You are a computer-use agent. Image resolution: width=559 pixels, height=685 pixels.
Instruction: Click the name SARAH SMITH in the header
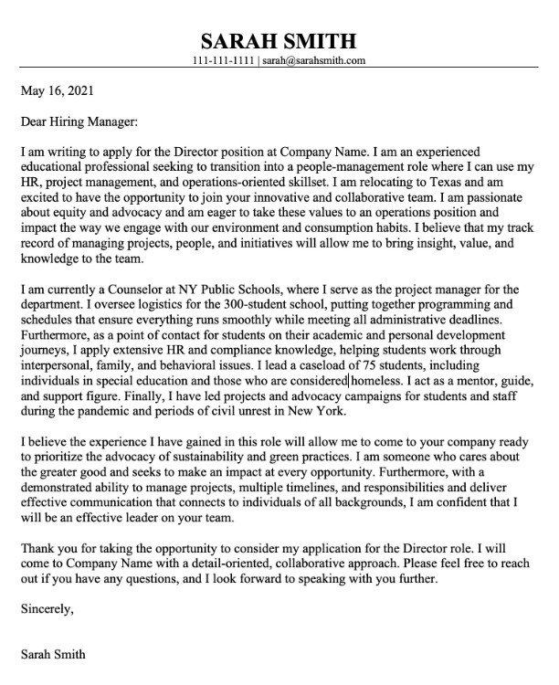[x=279, y=40]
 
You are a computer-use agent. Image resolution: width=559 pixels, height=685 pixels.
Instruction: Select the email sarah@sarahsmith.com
[x=315, y=61]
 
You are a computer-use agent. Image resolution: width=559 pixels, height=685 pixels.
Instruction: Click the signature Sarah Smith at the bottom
[x=53, y=654]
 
